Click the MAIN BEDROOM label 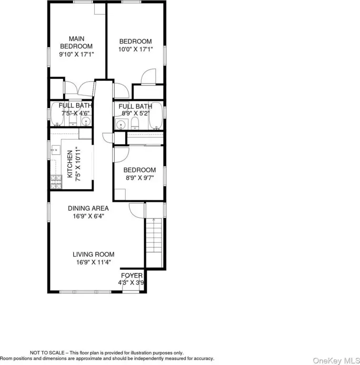point(77,42)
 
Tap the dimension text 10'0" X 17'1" point(136,49)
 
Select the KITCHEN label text point(70,164)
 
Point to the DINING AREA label point(88,208)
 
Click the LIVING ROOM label point(93,254)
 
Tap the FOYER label point(132,276)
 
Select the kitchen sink point(56,150)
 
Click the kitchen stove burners point(56,182)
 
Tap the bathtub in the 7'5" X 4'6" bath point(57,114)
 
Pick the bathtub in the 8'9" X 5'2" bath point(156,115)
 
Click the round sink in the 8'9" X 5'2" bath point(121,125)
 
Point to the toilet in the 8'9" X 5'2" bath point(135,124)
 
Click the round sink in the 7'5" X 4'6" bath point(86,121)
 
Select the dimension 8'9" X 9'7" point(140,178)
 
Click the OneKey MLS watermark point(336,361)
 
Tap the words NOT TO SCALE point(47,353)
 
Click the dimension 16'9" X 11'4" point(94,262)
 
